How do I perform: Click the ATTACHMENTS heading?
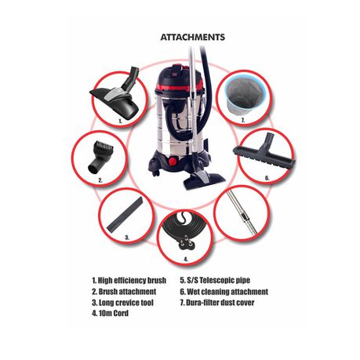[193, 37]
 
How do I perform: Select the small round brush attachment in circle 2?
[96, 158]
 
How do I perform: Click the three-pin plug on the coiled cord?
[184, 243]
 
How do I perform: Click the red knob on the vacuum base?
[172, 162]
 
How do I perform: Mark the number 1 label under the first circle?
[120, 121]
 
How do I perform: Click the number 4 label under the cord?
[186, 260]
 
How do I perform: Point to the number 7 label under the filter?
[243, 120]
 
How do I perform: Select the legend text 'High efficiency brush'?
[132, 281]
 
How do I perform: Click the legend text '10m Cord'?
[114, 313]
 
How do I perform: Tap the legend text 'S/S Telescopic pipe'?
[219, 280]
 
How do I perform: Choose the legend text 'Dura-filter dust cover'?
[220, 303]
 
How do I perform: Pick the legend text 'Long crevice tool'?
[126, 303]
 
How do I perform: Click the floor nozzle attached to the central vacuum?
[204, 179]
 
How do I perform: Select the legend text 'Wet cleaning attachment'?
[227, 292]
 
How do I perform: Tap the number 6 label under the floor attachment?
[267, 178]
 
